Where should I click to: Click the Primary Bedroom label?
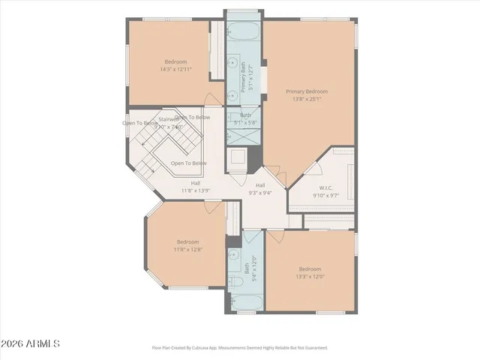(307, 91)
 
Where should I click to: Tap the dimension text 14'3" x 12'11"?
(175, 69)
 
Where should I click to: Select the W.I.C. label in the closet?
(326, 188)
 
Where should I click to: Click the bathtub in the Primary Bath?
(243, 33)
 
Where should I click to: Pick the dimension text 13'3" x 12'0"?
(310, 276)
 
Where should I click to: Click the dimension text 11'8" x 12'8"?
(187, 249)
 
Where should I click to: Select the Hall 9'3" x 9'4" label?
(260, 189)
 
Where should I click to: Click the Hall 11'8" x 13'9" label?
(196, 187)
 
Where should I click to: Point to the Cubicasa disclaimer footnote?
(240, 348)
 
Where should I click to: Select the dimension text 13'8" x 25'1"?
(307, 98)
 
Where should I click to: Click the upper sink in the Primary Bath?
(232, 64)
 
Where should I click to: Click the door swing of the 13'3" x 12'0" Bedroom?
(275, 235)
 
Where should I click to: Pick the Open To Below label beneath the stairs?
(188, 163)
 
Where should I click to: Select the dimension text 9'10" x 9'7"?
(326, 195)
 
